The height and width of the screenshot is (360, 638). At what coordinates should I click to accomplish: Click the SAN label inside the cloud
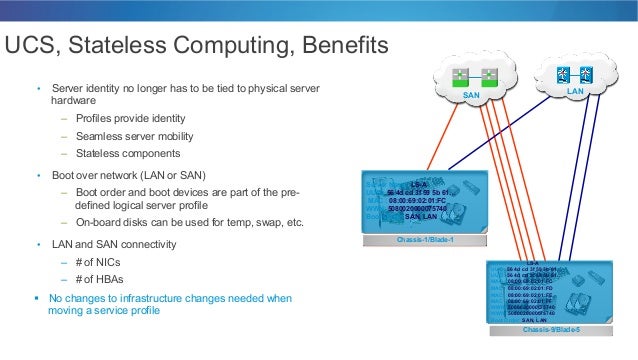pos(472,96)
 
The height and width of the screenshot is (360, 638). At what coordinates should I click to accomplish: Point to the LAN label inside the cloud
pos(575,91)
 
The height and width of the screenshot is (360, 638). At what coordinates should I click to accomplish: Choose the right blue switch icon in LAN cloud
pos(590,73)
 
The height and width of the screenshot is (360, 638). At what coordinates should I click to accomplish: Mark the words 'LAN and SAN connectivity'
pos(114,244)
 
